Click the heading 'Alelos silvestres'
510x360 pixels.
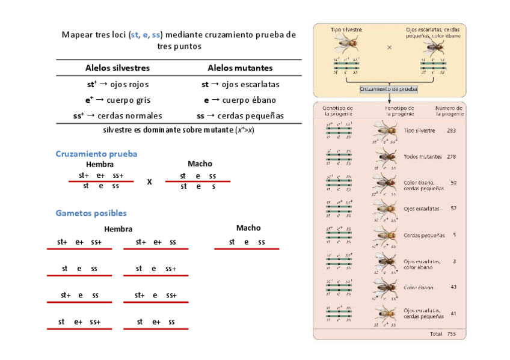pyautogui.click(x=117, y=69)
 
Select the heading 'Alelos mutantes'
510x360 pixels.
pyautogui.click(x=240, y=69)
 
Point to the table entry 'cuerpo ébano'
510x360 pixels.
pyautogui.click(x=240, y=100)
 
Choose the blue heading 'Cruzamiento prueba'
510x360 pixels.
pyautogui.click(x=96, y=154)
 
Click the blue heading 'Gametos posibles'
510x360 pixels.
pyautogui.click(x=91, y=213)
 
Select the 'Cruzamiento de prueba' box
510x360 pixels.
pyautogui.click(x=389, y=89)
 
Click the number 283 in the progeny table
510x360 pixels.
pyautogui.click(x=451, y=130)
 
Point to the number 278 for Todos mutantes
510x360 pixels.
pyautogui.click(x=451, y=157)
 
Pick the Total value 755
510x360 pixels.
pyautogui.click(x=451, y=334)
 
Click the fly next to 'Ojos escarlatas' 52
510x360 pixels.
pyautogui.click(x=385, y=209)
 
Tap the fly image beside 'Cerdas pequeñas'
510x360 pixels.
pyautogui.click(x=385, y=236)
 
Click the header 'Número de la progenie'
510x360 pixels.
pyautogui.click(x=449, y=111)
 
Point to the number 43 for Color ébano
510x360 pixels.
pyautogui.click(x=453, y=287)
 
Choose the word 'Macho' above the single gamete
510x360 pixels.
pyautogui.click(x=248, y=228)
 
